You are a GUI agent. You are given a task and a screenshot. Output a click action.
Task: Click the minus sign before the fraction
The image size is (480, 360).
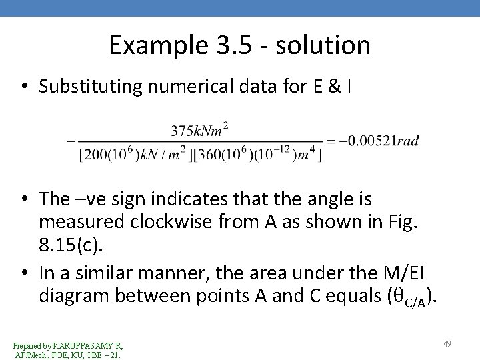coord(70,141)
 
